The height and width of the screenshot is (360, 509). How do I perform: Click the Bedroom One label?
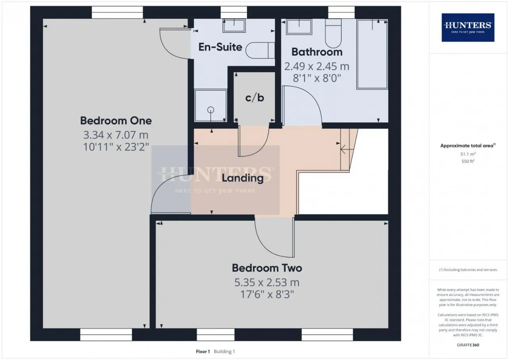(x=116, y=121)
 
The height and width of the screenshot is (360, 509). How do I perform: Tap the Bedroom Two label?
(x=267, y=268)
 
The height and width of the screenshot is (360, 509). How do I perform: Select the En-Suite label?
(x=220, y=47)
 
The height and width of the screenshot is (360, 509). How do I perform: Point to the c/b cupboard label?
(x=254, y=98)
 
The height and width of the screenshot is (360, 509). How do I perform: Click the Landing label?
(x=243, y=178)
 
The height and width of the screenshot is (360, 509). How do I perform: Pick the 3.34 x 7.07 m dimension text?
(x=116, y=135)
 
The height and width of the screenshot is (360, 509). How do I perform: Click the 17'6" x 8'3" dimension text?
(x=267, y=294)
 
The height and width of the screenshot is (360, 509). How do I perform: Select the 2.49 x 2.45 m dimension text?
(x=317, y=66)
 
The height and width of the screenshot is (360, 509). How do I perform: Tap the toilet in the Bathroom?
(x=333, y=33)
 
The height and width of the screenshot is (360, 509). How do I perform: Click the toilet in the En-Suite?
(x=260, y=50)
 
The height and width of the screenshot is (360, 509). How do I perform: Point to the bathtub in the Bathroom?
(x=372, y=54)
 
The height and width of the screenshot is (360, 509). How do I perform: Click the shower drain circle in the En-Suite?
(x=211, y=110)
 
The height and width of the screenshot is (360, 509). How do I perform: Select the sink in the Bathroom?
(x=299, y=27)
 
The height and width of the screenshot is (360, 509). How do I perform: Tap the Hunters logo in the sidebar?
(x=468, y=27)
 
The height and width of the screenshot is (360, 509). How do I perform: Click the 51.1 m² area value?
(x=468, y=154)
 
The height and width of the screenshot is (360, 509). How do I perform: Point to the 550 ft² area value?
(x=468, y=161)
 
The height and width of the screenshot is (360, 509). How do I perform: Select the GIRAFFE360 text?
(x=468, y=345)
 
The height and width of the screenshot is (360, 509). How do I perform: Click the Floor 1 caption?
(x=203, y=352)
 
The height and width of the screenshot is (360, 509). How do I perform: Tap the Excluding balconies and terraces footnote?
(x=468, y=270)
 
